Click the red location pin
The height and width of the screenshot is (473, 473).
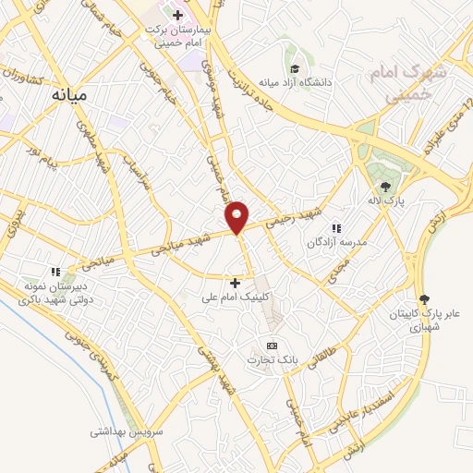(237, 216)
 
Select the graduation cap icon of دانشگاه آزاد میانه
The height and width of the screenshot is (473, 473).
(295, 68)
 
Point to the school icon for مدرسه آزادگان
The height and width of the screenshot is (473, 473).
(337, 228)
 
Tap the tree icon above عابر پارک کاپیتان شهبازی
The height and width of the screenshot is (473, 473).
(423, 298)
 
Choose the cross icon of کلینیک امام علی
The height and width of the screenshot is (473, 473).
(235, 283)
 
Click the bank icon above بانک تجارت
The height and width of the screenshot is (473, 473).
(271, 346)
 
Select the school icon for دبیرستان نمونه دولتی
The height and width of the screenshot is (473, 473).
(55, 272)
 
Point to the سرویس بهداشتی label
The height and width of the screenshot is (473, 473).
(127, 432)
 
